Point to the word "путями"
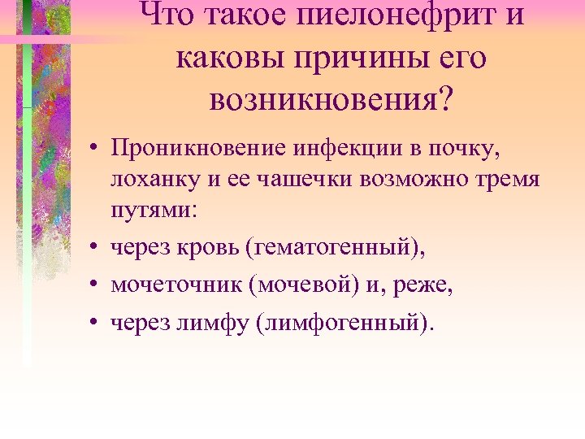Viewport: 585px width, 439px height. coord(147,209)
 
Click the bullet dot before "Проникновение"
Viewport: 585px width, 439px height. coord(95,149)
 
